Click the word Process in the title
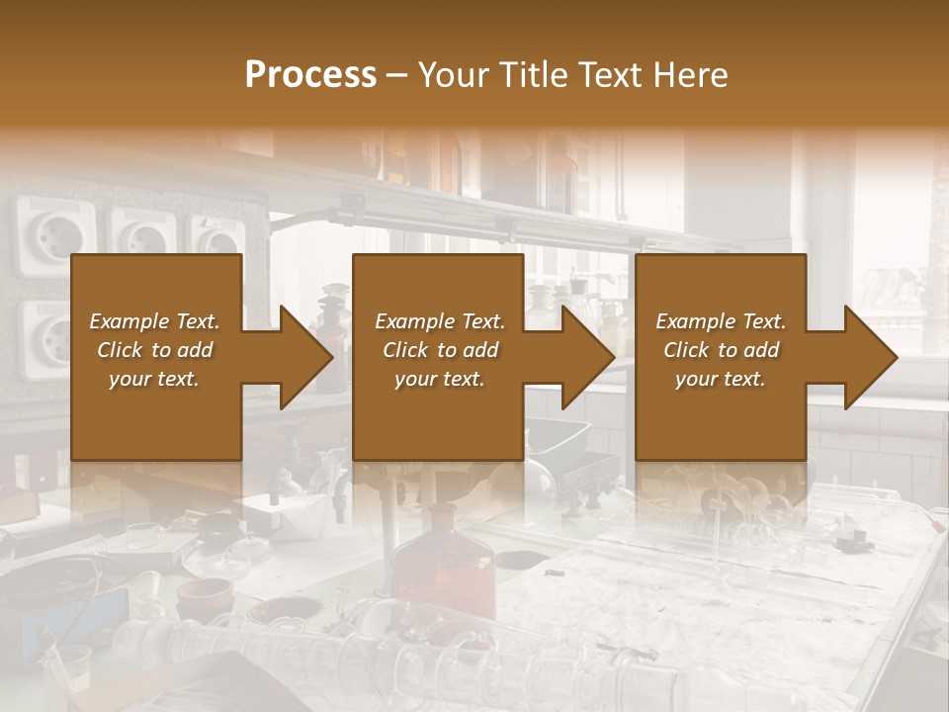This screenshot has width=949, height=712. tap(310, 75)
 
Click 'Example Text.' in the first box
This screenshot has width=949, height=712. tap(155, 321)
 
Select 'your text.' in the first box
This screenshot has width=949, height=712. tap(155, 379)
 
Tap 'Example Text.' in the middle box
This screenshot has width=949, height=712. tap(440, 321)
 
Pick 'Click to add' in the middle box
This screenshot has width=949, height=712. tap(440, 350)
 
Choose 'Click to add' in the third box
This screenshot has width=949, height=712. tap(721, 350)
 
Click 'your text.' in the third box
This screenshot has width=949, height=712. tap(721, 379)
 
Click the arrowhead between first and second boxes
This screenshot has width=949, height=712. tap(305, 357)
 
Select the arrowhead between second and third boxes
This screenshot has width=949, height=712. tap(588, 357)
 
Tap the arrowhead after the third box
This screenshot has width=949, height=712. tap(870, 357)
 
